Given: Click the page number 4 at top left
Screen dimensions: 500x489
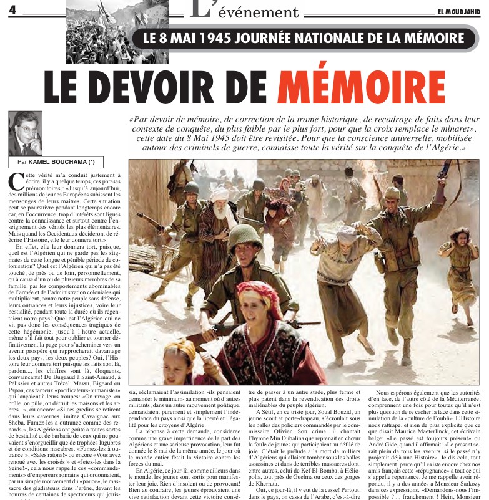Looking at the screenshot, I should coord(11,13).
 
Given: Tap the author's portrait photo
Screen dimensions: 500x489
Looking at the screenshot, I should coord(25,133).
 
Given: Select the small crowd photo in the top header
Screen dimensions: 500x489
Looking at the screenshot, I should coord(100,31).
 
